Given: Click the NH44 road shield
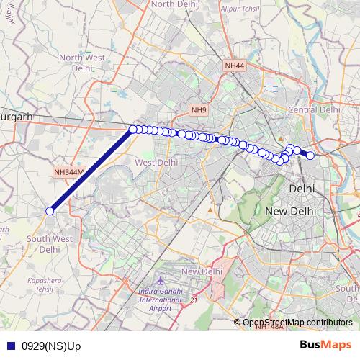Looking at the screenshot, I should pyautogui.click(x=235, y=66).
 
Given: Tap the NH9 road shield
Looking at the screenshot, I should pyautogui.click(x=199, y=109).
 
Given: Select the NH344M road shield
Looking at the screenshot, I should pyautogui.click(x=69, y=173).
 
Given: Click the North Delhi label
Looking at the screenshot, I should pyautogui.click(x=174, y=4).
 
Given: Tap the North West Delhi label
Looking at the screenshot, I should pyautogui.click(x=81, y=63).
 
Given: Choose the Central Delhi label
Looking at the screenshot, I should pyautogui.click(x=313, y=109).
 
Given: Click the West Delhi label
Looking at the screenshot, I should pyautogui.click(x=156, y=163).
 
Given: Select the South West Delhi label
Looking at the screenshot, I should pyautogui.click(x=49, y=243).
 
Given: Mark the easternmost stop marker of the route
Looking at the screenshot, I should pyautogui.click(x=310, y=156).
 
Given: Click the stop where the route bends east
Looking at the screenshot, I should pyautogui.click(x=132, y=130).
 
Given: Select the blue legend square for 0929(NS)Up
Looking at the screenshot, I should pyautogui.click(x=12, y=346).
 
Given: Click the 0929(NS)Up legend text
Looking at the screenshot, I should pyautogui.click(x=52, y=346).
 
